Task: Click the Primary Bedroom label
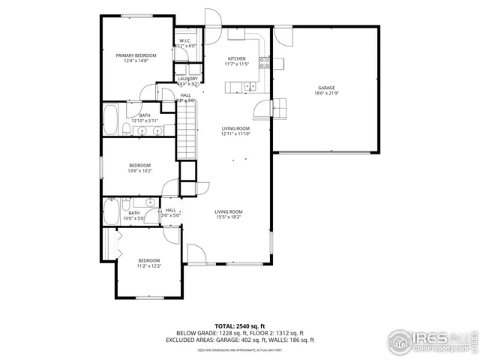tap(136, 55)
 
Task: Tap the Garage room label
tap(325, 88)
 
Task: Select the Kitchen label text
tap(237, 58)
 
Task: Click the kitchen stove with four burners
tap(264, 63)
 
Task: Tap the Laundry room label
tap(187, 79)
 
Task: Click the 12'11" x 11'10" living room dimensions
tap(235, 134)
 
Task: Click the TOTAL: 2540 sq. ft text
tap(239, 325)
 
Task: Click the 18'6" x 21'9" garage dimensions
tap(325, 94)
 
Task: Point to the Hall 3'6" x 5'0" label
tap(171, 213)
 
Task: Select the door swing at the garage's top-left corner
tap(283, 34)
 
